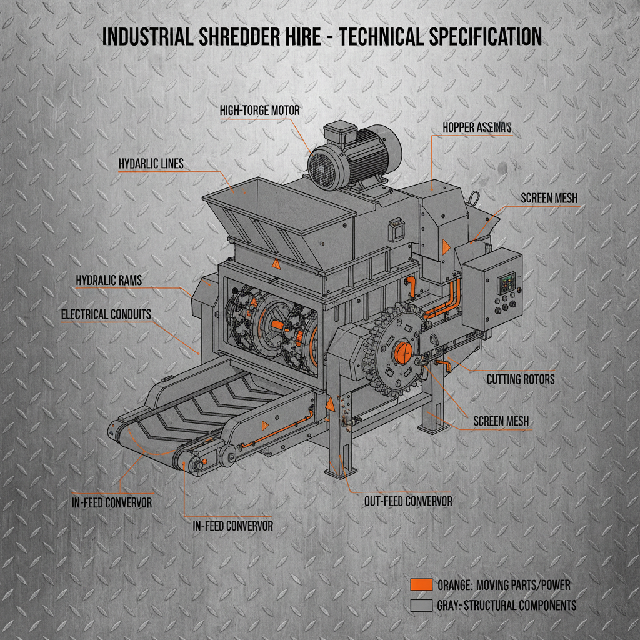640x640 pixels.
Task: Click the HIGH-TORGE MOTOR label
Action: tap(259, 111)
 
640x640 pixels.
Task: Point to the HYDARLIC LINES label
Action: tap(151, 164)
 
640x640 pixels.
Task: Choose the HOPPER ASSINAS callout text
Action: tap(477, 127)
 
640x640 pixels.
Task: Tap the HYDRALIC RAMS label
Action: tap(109, 280)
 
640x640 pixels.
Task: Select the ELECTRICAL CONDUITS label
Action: tap(106, 314)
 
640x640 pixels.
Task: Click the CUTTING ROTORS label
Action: tap(520, 379)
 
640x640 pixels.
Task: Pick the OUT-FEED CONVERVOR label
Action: tap(407, 501)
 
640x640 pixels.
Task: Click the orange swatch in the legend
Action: tap(422, 585)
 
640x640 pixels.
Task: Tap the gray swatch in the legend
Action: tap(422, 606)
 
